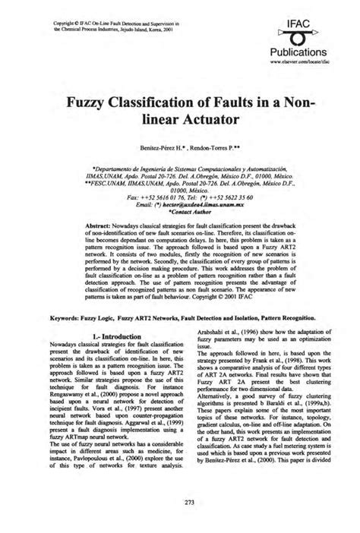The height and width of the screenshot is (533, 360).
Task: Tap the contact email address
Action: pos(188,206)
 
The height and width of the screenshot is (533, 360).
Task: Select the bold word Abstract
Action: pos(98,229)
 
